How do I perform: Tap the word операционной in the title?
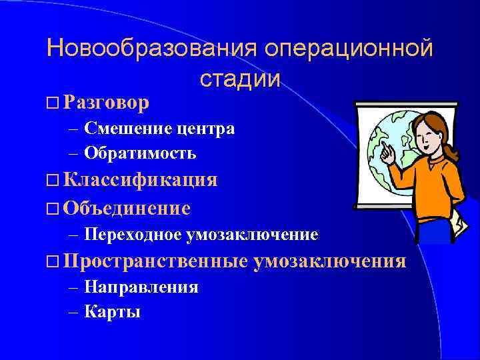click(x=348, y=49)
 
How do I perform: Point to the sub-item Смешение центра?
click(x=159, y=129)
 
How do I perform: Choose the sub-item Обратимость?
click(x=140, y=153)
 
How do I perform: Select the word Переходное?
click(x=134, y=235)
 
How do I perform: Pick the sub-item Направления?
click(x=141, y=287)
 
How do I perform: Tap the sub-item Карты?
click(x=113, y=311)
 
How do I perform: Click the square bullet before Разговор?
click(x=53, y=104)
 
